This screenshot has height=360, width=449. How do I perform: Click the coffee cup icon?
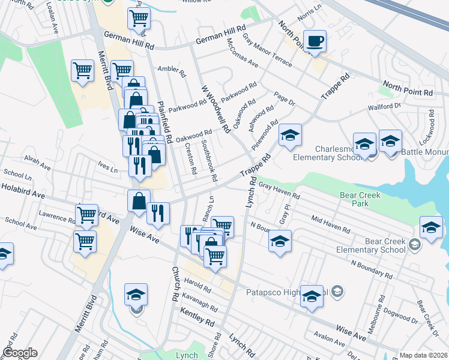coord(315,42)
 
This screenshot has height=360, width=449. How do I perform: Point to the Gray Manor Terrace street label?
coord(267,51)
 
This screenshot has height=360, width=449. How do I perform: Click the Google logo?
coord(20,353)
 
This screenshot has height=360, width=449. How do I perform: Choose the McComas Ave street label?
coord(242,53)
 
